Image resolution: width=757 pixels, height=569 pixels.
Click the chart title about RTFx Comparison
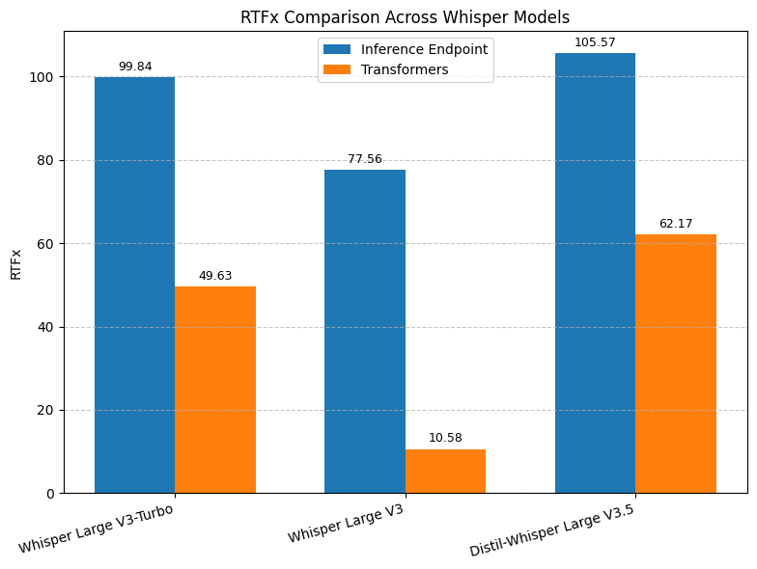[405, 17]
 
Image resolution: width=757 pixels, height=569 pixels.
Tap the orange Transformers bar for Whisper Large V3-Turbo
[215, 390]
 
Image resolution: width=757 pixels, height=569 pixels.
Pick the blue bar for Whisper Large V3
[365, 332]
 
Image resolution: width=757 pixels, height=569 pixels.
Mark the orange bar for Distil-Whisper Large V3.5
[676, 364]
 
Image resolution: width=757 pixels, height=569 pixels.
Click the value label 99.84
[134, 67]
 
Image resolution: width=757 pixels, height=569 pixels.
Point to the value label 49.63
[215, 276]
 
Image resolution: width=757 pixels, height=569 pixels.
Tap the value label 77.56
[365, 159]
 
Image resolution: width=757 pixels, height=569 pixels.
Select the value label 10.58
[445, 438]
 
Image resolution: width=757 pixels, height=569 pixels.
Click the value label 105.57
[595, 42]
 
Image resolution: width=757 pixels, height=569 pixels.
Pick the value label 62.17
[676, 224]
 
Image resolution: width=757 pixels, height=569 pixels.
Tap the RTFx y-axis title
[15, 264]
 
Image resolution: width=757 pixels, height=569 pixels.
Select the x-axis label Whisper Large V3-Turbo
[97, 528]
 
